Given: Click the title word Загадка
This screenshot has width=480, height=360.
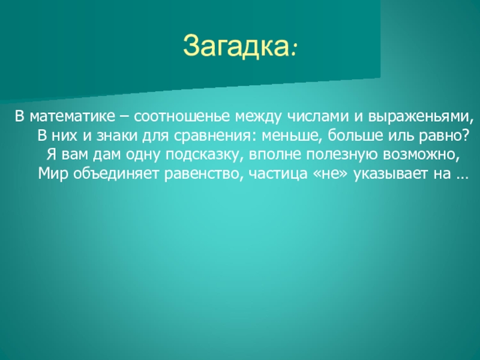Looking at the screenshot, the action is point(236,47).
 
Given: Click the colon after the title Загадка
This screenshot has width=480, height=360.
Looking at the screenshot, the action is point(294,50).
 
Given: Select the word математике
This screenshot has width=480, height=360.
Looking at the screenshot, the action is point(73,116).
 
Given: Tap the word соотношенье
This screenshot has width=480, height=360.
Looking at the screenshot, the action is point(182,116).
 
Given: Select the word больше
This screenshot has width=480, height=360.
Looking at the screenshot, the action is point(355,136).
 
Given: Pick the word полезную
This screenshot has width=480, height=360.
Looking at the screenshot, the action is point(342,155).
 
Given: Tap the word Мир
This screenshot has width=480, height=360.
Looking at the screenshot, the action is point(53,174).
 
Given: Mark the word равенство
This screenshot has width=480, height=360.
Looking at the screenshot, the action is point(203,174).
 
